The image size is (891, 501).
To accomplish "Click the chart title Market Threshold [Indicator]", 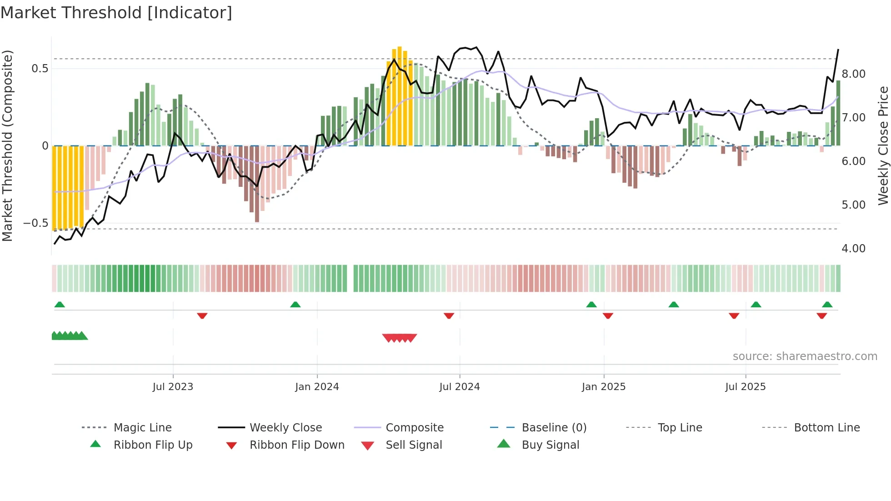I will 116,13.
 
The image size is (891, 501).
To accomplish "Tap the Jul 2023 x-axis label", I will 173,387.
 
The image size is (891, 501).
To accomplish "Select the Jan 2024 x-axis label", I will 317,387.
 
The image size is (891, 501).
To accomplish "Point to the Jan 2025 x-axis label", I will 604,387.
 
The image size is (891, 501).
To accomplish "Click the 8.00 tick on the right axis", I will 853,74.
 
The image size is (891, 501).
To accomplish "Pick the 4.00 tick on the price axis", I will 853,249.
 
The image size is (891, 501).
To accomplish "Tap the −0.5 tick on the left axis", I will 35,223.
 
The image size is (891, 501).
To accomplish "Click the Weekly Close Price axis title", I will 883,145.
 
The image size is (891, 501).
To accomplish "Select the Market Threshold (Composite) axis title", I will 7,145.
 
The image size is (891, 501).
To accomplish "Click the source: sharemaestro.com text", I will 805,356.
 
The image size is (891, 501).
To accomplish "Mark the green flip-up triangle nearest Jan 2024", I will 295,305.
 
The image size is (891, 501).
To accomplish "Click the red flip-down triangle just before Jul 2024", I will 449,316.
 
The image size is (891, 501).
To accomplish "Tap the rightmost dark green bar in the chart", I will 838,114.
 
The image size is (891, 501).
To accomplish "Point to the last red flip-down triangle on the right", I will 821,316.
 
